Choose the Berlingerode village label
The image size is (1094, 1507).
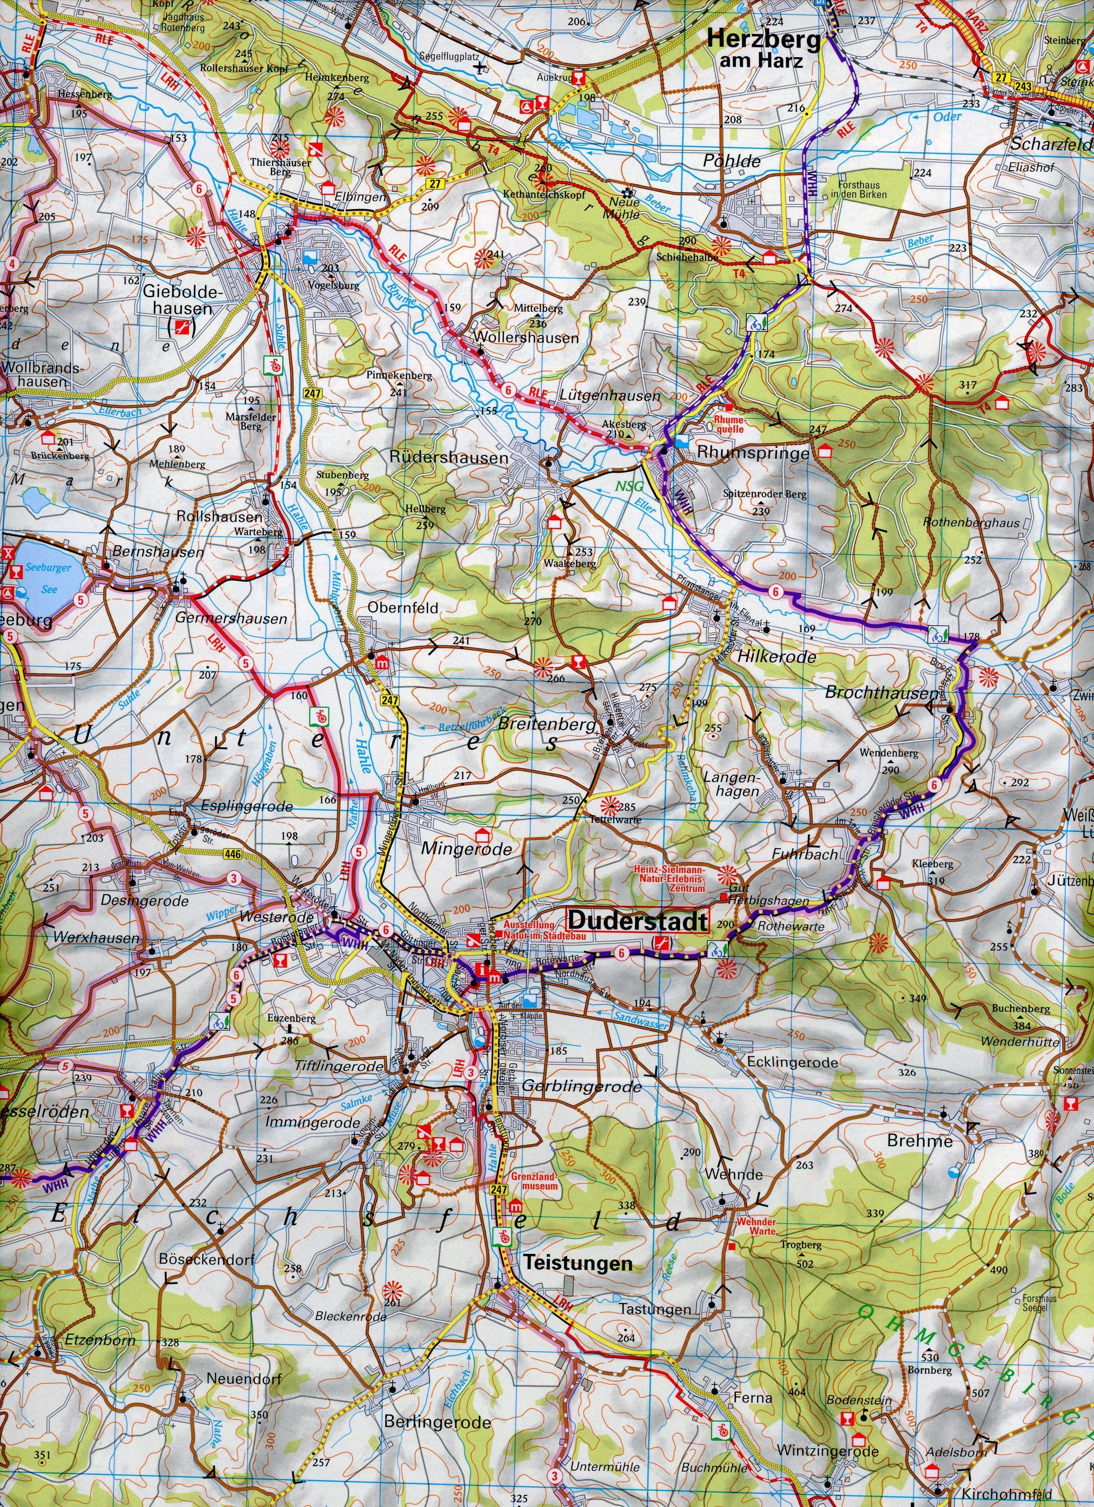[x=438, y=1404]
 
